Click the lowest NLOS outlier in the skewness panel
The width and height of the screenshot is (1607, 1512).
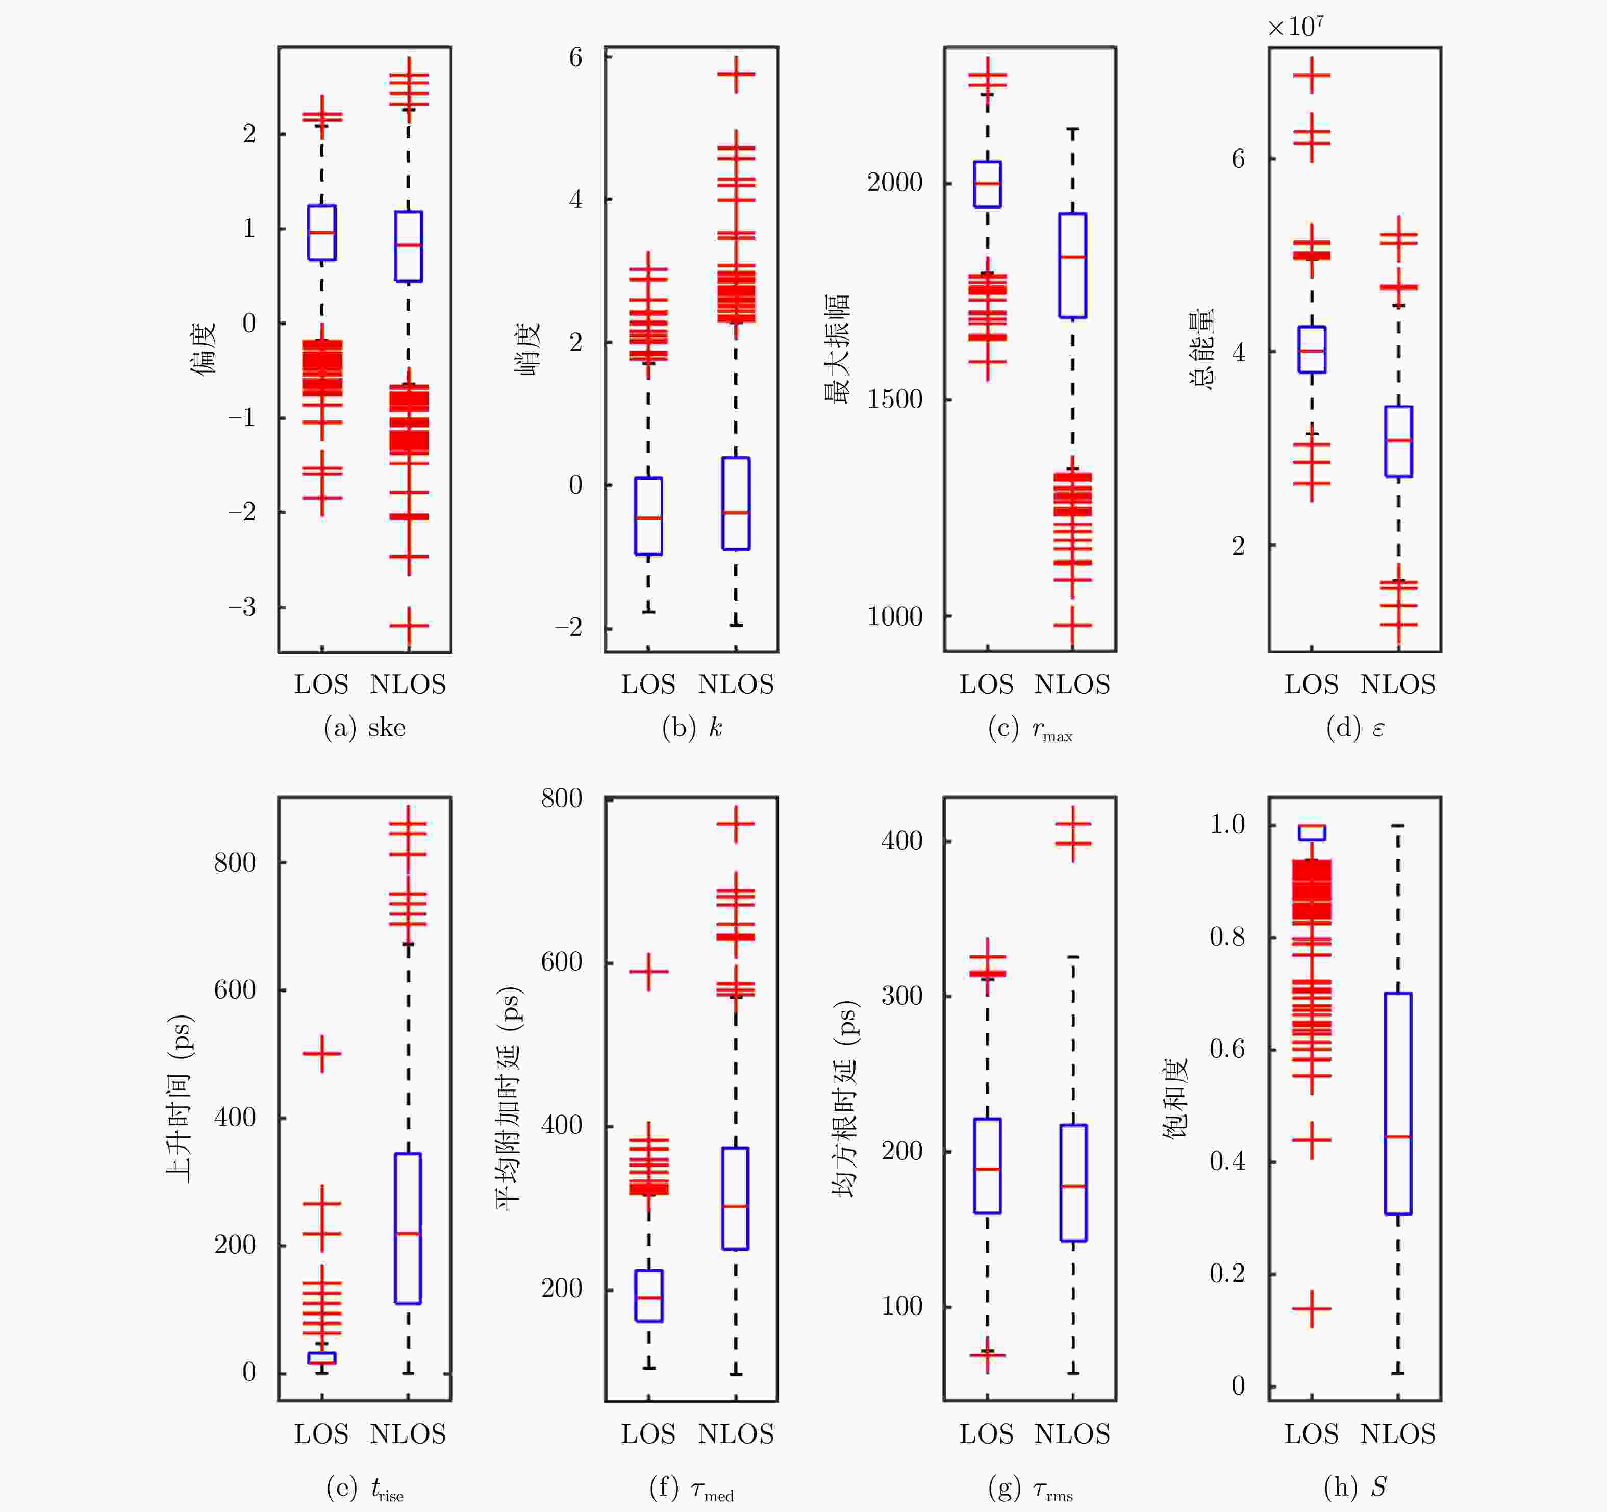pyautogui.click(x=408, y=626)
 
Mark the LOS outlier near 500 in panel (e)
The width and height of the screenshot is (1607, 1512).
pyautogui.click(x=322, y=1054)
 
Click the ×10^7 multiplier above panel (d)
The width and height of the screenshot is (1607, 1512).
pyautogui.click(x=1295, y=26)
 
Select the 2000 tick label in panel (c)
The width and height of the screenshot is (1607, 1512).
pyautogui.click(x=894, y=182)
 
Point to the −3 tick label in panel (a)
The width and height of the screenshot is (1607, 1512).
pyautogui.click(x=242, y=606)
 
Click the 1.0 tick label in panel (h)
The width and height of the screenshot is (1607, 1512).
pyautogui.click(x=1227, y=824)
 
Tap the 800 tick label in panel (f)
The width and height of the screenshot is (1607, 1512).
pyautogui.click(x=562, y=798)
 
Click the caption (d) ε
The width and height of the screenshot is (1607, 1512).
pyautogui.click(x=1355, y=728)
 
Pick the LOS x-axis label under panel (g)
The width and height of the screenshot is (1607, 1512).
pyautogui.click(x=986, y=1433)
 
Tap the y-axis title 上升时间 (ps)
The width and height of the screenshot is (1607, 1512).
pyautogui.click(x=180, y=1098)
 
